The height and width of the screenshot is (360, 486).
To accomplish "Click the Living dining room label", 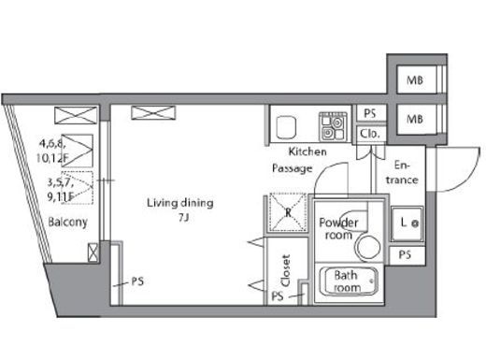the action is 180,203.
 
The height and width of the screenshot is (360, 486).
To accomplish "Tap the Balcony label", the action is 67,223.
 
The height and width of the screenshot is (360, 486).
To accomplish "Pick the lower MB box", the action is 416,119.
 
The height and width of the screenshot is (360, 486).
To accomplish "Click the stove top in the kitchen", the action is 333,126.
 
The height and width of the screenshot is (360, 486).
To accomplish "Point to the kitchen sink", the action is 286,127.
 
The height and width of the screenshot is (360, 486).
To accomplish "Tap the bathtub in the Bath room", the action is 349,281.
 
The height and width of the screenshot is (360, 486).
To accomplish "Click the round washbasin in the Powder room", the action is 368,248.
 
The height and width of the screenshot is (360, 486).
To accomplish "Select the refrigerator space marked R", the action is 288,212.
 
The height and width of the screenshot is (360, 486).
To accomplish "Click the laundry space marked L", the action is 407,223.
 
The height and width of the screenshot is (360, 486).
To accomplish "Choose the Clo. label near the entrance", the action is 370,134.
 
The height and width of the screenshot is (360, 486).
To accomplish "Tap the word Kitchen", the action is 307,151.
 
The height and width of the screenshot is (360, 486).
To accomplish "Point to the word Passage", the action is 293,168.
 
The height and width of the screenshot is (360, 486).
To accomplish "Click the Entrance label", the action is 402,172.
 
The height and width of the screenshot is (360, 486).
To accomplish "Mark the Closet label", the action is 286,271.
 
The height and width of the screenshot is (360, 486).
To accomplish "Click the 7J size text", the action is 184,218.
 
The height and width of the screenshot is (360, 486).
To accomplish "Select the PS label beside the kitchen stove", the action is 370,113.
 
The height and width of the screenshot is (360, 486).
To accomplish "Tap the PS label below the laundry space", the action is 405,255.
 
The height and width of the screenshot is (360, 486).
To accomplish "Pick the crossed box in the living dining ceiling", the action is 153,112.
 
